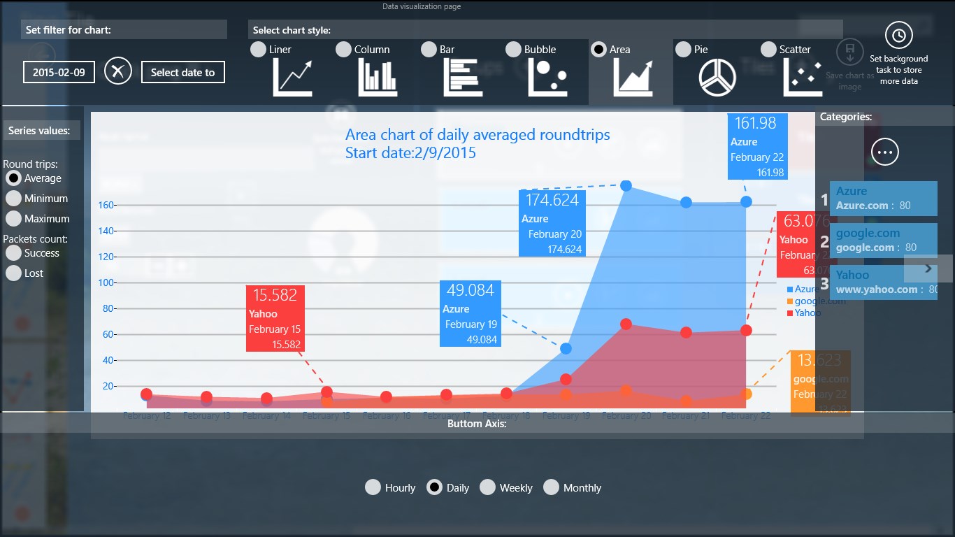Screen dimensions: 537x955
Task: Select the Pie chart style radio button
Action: tap(683, 50)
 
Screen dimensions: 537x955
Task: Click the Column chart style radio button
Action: tap(343, 50)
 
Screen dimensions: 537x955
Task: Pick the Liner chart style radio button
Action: tap(258, 50)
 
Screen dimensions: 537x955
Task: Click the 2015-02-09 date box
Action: tap(59, 72)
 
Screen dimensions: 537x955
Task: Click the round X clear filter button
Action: tap(118, 71)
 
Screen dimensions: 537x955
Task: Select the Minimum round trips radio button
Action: tap(13, 199)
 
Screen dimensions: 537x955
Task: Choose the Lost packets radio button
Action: tap(13, 273)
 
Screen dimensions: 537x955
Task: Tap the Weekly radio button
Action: tap(488, 487)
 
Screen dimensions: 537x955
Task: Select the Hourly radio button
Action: tap(373, 487)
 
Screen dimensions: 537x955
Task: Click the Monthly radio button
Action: tap(552, 487)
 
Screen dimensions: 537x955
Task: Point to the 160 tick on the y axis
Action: tap(106, 206)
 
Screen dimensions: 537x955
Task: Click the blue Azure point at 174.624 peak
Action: tap(626, 185)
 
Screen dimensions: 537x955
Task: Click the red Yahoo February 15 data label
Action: tap(276, 318)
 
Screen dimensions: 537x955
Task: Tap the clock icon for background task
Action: tap(898, 35)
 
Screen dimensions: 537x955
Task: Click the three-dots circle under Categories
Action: tap(885, 152)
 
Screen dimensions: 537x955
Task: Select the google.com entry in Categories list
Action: tap(883, 240)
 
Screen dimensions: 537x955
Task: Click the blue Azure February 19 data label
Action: tap(470, 313)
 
